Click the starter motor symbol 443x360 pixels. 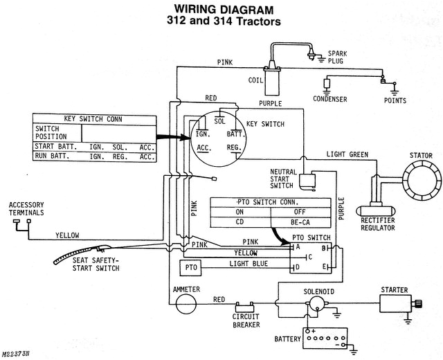point(399,303)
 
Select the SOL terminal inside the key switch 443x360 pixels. point(220,120)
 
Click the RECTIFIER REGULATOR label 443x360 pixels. point(377,223)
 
